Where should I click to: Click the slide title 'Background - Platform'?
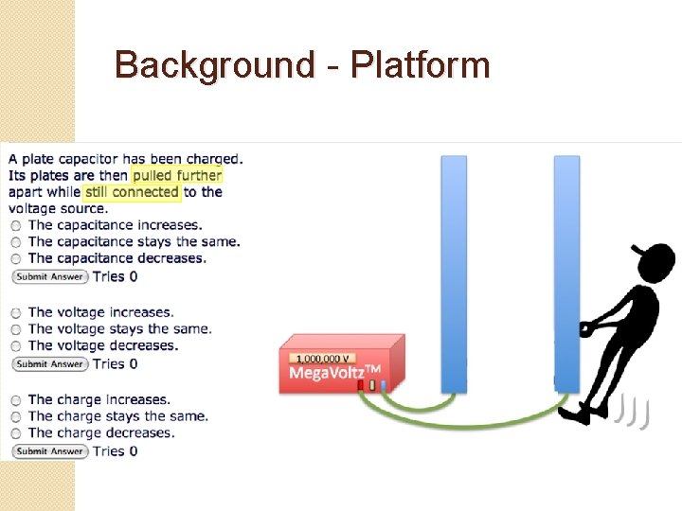[302, 66]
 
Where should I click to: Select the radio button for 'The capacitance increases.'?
[16, 226]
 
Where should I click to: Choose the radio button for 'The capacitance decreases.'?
[16, 258]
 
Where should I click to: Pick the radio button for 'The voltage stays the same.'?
[16, 329]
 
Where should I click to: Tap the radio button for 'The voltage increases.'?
[16, 313]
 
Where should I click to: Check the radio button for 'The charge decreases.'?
[16, 433]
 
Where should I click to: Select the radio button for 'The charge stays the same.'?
[16, 417]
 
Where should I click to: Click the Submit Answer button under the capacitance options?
[49, 276]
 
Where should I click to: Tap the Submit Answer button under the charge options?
[49, 451]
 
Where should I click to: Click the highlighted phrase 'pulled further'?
[177, 175]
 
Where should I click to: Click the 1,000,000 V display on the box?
[324, 359]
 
